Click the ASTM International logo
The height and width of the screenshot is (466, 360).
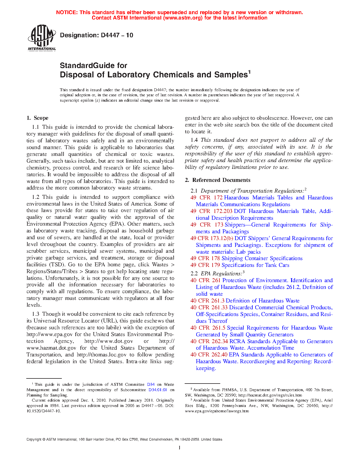pyautogui.click(x=42, y=38)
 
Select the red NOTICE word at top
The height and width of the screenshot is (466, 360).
pyautogui.click(x=67, y=12)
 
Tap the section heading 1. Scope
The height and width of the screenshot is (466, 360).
pyautogui.click(x=37, y=118)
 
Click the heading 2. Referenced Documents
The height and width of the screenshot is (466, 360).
pyautogui.click(x=217, y=180)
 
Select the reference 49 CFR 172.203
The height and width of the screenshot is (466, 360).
pyautogui.click(x=211, y=211)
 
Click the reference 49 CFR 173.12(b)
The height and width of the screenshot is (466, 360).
pyautogui.click(x=212, y=238)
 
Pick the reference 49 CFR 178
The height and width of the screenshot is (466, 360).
pyautogui.click(x=205, y=258)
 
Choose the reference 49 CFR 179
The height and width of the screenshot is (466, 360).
pyautogui.click(x=205, y=265)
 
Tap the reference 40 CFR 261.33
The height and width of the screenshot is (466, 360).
pyautogui.click(x=209, y=308)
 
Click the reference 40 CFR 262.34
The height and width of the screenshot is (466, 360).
pyautogui.click(x=209, y=341)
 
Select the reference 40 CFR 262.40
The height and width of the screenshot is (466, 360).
pyautogui.click(x=209, y=355)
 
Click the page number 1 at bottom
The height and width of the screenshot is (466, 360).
pyautogui.click(x=180, y=448)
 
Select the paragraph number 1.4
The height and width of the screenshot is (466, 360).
pyautogui.click(x=194, y=140)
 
